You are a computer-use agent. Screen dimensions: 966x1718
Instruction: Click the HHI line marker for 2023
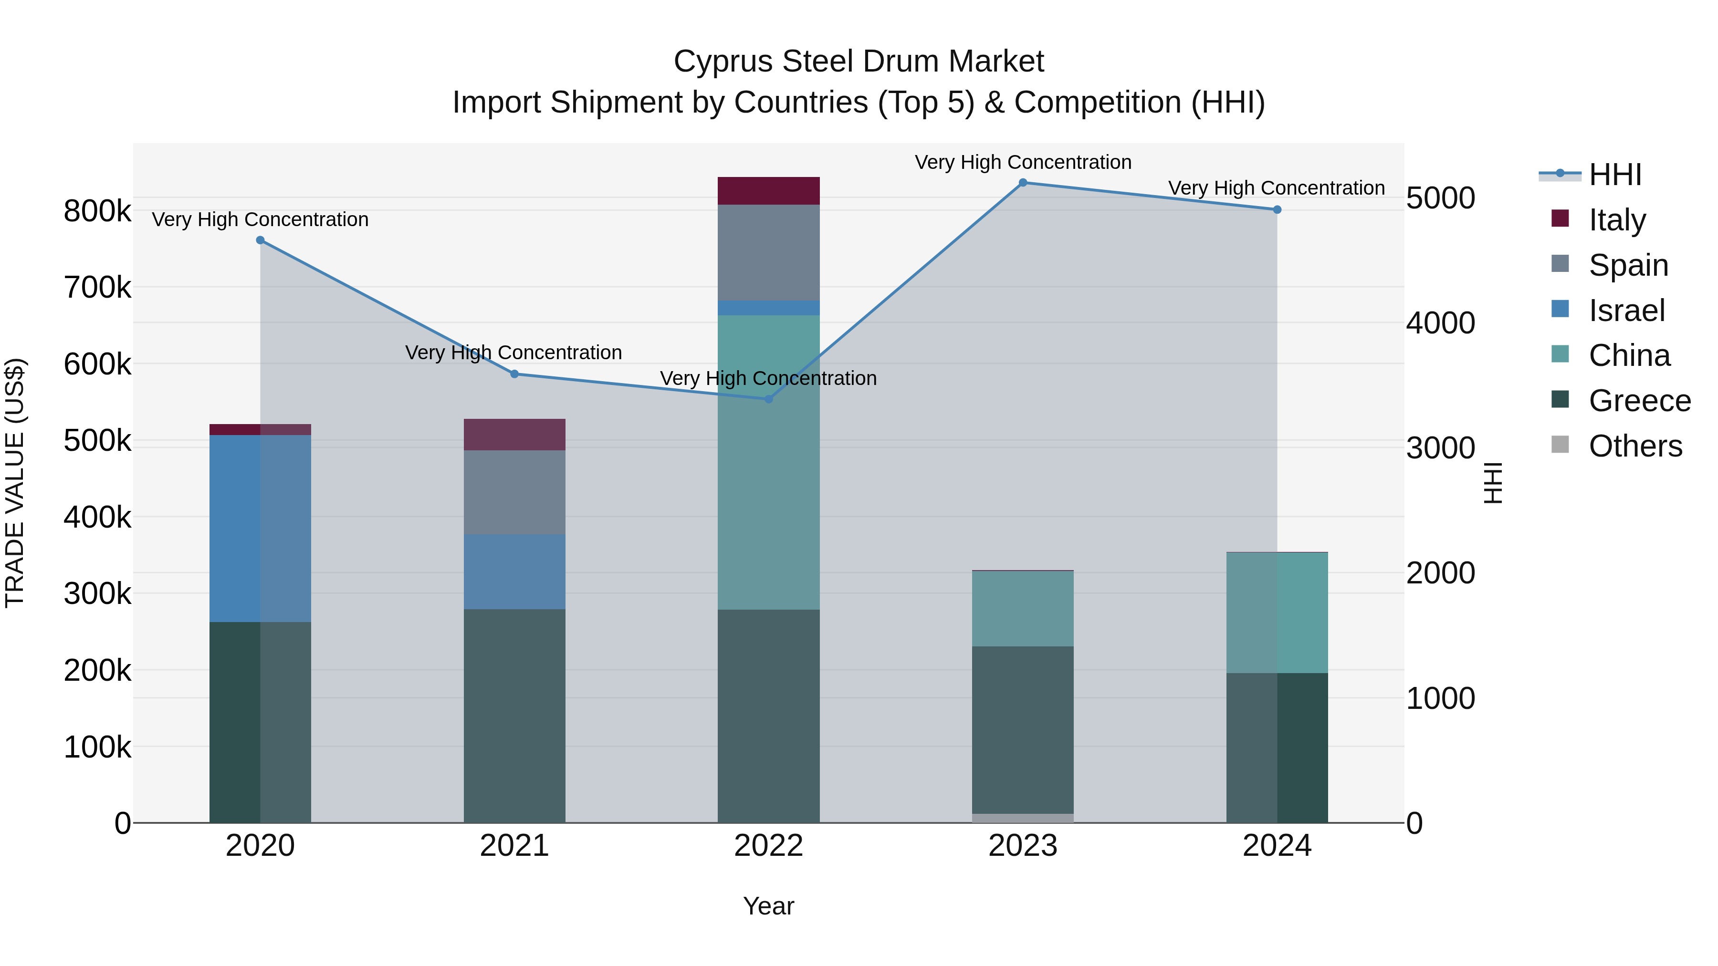[1022, 183]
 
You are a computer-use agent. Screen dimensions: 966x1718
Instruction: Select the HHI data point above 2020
[260, 241]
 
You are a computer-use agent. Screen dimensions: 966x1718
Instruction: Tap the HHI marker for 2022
[768, 399]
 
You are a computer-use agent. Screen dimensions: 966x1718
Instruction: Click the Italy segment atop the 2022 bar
[768, 191]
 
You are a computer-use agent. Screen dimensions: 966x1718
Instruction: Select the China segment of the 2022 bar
[768, 462]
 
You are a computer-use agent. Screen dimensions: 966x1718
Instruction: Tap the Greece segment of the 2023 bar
[1022, 729]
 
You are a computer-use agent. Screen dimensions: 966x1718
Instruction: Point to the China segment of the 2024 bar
[1277, 613]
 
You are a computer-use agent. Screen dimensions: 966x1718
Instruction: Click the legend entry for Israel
[1625, 311]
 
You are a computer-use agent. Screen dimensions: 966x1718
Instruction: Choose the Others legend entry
[1634, 446]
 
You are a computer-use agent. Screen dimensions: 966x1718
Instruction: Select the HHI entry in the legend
[1614, 175]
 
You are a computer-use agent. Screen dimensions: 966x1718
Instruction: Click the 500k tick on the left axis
[97, 441]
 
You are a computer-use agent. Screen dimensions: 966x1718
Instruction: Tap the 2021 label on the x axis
[514, 846]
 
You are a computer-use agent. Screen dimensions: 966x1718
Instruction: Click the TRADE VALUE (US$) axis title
[15, 483]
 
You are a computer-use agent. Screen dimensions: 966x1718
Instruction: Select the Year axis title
[768, 906]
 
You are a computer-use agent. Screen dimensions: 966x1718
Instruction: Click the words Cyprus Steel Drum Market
[859, 62]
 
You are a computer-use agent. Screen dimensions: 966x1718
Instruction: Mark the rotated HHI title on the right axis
[1493, 483]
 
